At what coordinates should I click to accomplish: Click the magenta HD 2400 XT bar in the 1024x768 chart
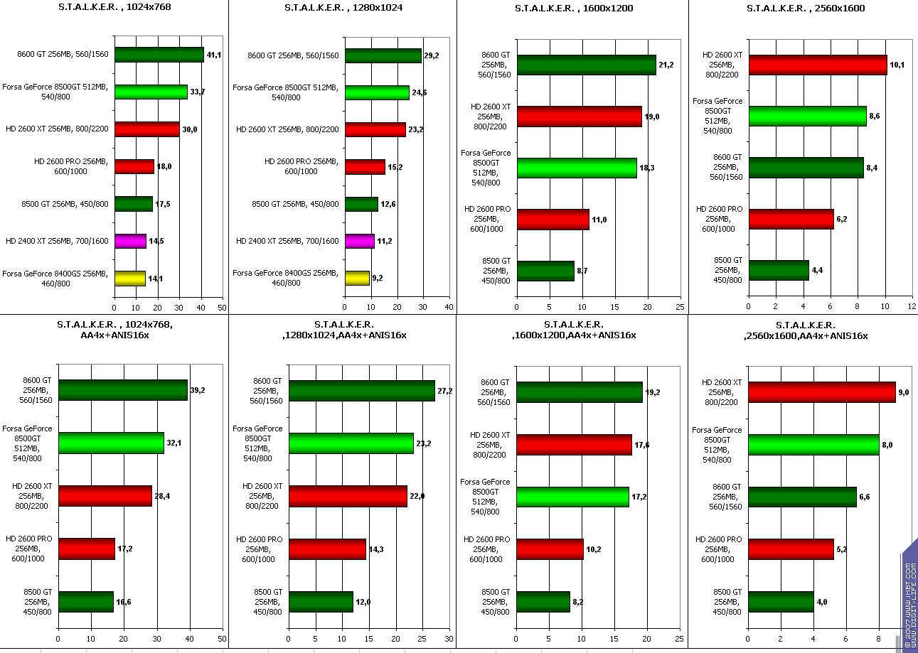point(130,241)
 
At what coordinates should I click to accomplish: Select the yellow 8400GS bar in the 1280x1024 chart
point(357,278)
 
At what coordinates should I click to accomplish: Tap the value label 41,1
point(214,55)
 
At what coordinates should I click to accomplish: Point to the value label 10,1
point(897,65)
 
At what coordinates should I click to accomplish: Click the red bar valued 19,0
point(579,116)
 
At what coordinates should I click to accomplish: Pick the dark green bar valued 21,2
point(586,65)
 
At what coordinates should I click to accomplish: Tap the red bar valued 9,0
point(821,392)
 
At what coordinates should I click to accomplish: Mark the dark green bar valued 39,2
point(123,389)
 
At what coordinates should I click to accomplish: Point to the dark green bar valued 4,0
point(781,601)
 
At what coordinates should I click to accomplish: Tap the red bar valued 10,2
point(550,549)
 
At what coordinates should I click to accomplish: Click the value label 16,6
point(124,602)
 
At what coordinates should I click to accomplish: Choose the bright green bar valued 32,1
point(111,443)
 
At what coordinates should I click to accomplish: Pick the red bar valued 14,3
point(327,549)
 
